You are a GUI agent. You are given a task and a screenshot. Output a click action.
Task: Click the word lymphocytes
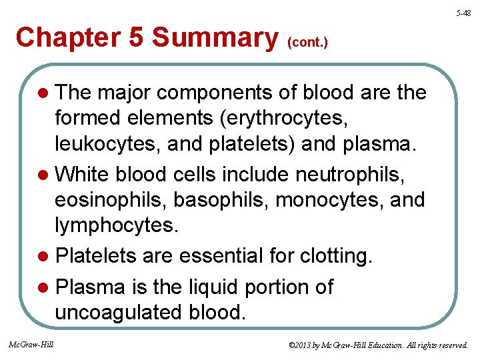(117, 225)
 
